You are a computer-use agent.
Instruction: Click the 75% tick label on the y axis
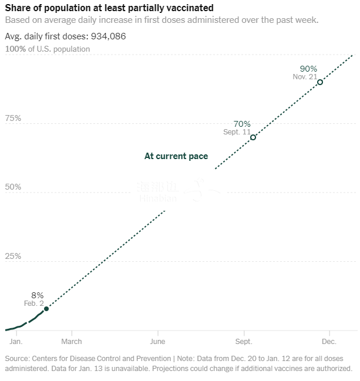13,118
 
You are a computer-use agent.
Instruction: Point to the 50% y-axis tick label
13,187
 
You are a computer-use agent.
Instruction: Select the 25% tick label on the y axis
13,257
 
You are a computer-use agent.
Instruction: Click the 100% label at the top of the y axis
15,49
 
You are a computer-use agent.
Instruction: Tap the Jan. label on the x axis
16,342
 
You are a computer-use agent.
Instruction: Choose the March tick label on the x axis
72,342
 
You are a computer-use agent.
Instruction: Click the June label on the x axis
157,342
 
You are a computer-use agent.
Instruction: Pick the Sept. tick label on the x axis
244,342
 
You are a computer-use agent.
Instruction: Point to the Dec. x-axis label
329,342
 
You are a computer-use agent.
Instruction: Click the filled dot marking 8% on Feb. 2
46,309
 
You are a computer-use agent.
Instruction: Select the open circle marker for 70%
253,137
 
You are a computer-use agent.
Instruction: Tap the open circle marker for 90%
319,82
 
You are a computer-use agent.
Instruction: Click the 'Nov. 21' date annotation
305,77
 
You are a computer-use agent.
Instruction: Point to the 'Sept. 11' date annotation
237,132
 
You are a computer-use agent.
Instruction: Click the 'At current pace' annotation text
176,156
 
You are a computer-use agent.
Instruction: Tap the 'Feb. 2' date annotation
33,304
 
